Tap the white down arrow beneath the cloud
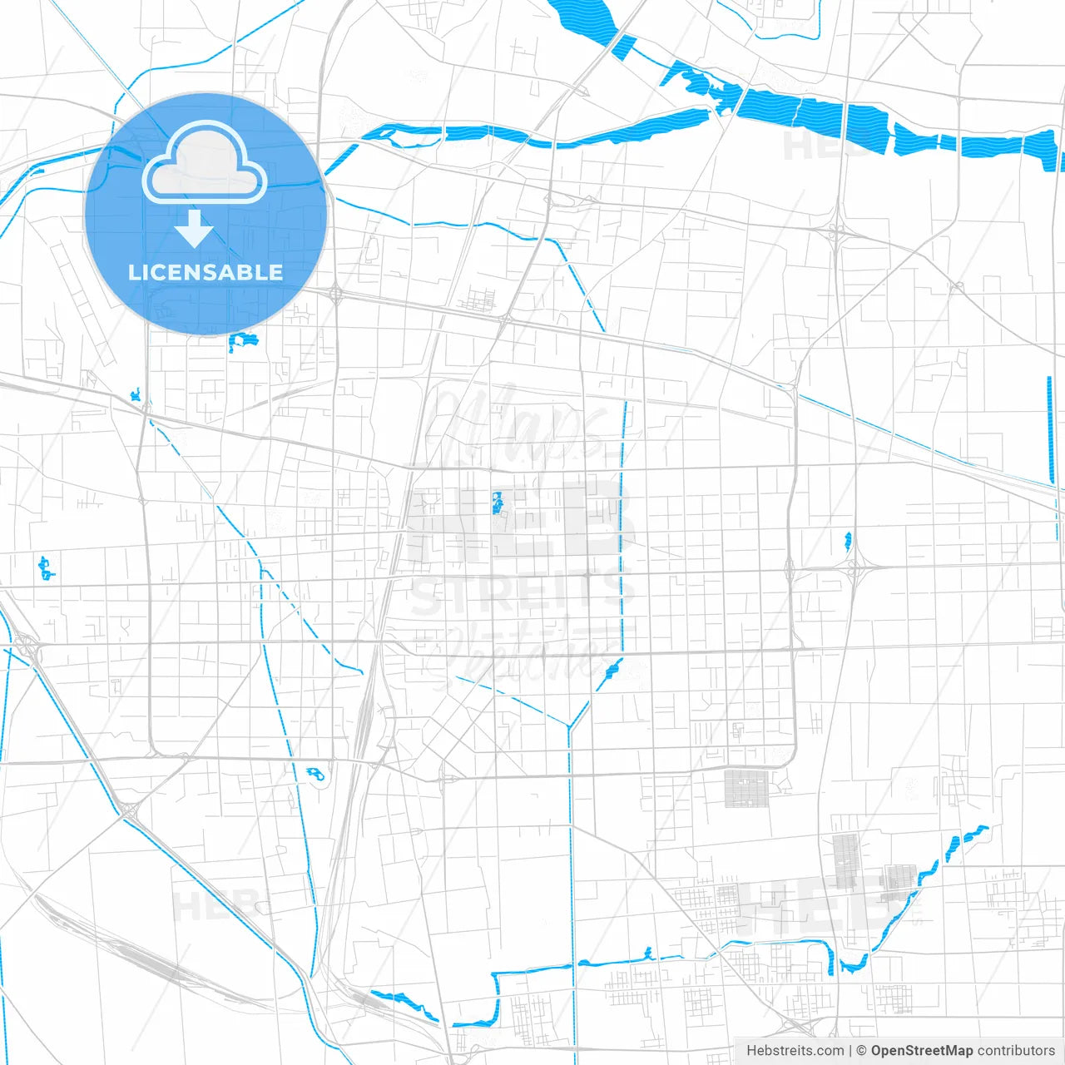[x=195, y=229]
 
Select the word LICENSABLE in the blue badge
[x=206, y=272]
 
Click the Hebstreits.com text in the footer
[x=795, y=1051]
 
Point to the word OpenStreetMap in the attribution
[x=922, y=1051]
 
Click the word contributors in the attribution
[x=1016, y=1051]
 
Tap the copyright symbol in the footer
[x=861, y=1051]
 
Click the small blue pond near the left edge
[x=46, y=569]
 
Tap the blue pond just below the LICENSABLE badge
[x=242, y=341]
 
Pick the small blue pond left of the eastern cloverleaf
[x=848, y=542]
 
